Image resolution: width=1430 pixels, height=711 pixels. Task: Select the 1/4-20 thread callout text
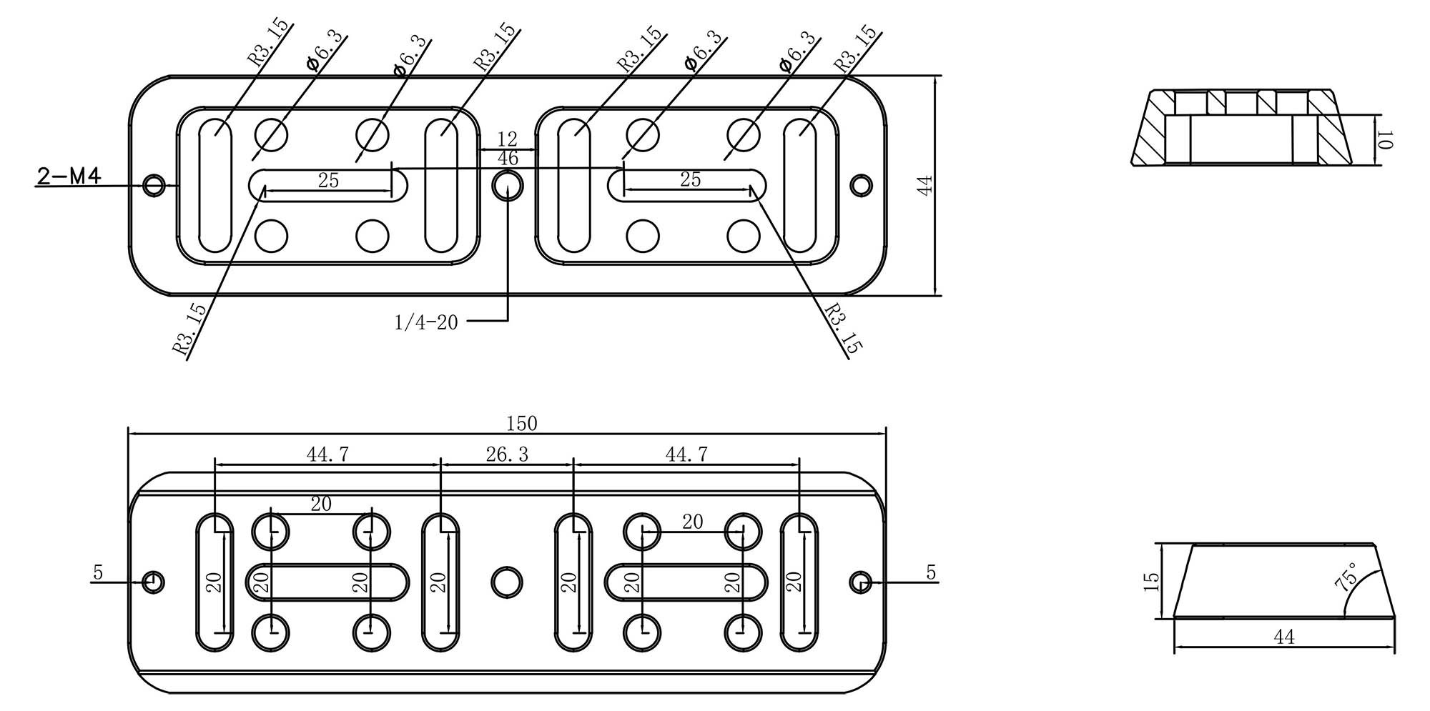click(426, 323)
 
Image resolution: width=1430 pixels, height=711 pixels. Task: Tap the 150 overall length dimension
click(521, 424)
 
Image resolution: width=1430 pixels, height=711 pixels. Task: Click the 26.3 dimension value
click(507, 454)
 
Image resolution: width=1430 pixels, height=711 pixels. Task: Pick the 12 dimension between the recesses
click(507, 139)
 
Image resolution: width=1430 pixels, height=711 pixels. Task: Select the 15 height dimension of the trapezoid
click(1151, 581)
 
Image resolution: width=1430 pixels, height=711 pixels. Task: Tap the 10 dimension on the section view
click(1385, 140)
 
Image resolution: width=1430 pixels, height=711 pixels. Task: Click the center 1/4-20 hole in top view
click(508, 185)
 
